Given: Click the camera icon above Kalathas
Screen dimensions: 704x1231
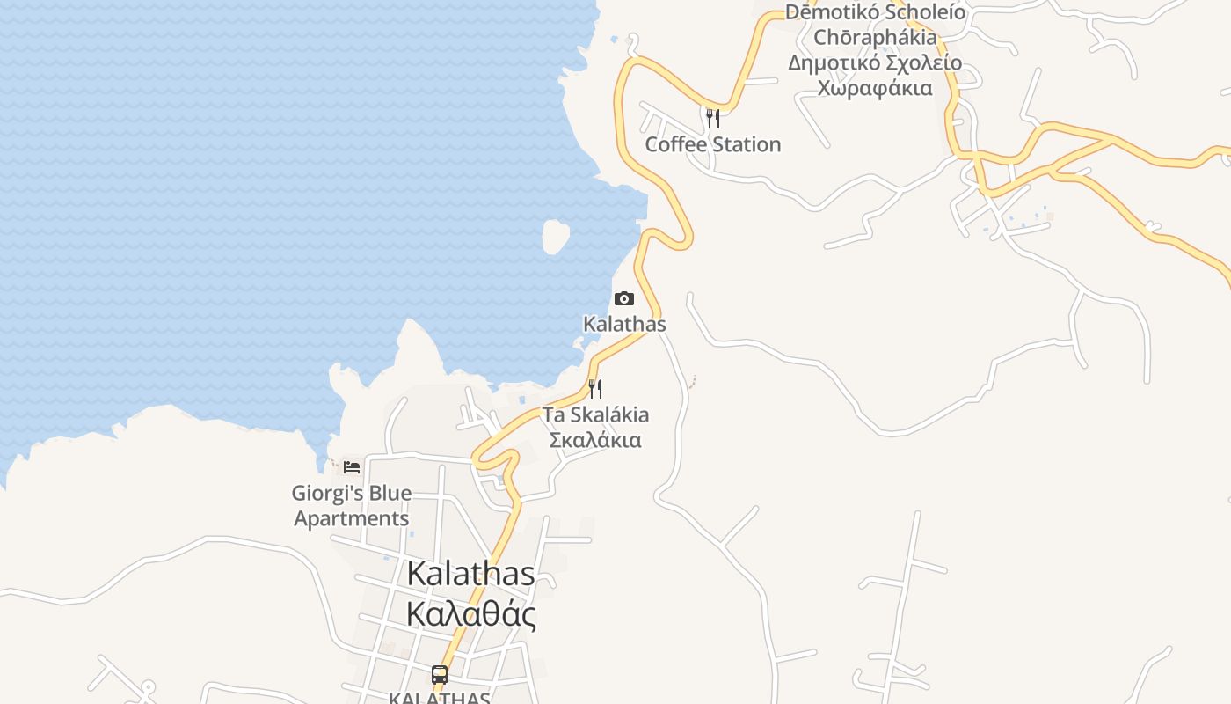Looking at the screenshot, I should click(624, 299).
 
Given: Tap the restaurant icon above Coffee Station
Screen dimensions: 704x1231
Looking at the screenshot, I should click(713, 118).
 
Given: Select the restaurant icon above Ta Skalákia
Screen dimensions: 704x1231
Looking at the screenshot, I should click(595, 388).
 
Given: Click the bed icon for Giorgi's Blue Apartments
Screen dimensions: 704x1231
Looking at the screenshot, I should click(352, 466).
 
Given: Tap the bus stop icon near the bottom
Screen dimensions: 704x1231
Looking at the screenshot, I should click(440, 675).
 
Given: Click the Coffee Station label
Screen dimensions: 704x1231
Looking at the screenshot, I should click(713, 144).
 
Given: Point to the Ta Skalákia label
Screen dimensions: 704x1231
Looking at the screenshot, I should click(595, 414).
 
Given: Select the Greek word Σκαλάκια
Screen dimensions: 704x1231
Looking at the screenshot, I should click(595, 439).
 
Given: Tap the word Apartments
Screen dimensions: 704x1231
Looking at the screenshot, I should click(352, 518).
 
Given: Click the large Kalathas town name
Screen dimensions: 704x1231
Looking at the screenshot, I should click(470, 574).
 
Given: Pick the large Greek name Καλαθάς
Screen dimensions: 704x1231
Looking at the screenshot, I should click(470, 613).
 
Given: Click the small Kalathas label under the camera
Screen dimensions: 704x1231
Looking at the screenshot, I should click(624, 324).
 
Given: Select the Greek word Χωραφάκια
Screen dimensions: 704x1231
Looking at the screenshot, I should click(875, 88).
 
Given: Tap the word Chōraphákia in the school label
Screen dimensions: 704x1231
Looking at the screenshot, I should click(875, 38).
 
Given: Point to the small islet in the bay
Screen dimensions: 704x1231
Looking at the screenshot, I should click(555, 237).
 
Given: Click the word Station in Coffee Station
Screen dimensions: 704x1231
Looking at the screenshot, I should click(747, 144).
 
